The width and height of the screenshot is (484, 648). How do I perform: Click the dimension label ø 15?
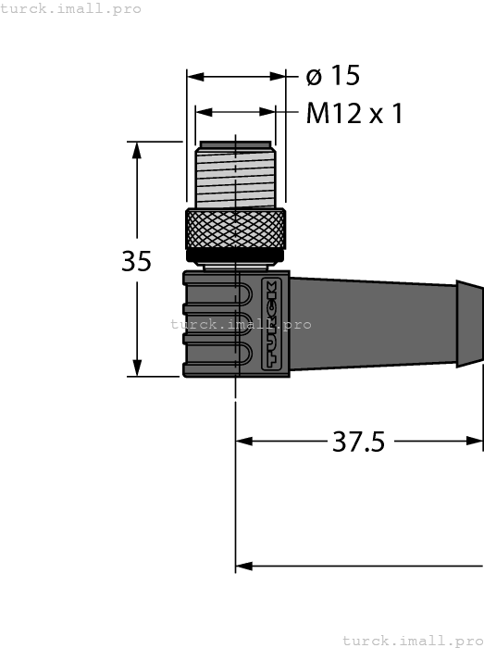point(331,76)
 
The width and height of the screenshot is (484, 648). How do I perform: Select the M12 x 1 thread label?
point(355,114)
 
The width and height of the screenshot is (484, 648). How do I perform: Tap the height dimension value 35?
point(136,262)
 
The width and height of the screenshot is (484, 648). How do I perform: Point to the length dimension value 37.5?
point(358,442)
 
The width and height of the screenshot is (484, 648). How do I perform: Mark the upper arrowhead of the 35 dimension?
point(137,149)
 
